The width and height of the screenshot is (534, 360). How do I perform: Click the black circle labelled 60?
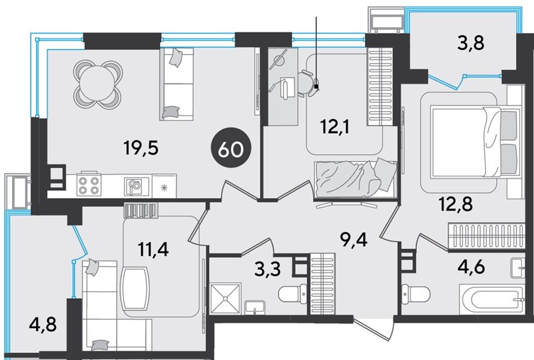coord(231,149)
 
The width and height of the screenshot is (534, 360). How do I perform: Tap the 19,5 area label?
coord(142,148)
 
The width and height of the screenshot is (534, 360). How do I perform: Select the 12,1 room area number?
coord(335,127)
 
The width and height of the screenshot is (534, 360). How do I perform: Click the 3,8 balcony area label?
coord(471,43)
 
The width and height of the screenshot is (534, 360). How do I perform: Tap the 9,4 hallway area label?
coord(354,241)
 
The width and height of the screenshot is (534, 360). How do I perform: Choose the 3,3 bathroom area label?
coord(268,270)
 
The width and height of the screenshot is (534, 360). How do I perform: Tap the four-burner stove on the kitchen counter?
coord(88,185)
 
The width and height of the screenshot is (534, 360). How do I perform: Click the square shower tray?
coord(225,298)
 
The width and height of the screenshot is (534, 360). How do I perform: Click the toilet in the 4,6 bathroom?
coord(415,293)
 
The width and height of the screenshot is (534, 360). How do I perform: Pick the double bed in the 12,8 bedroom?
coord(475,142)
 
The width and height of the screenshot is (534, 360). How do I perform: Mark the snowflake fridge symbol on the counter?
coord(164,187)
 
